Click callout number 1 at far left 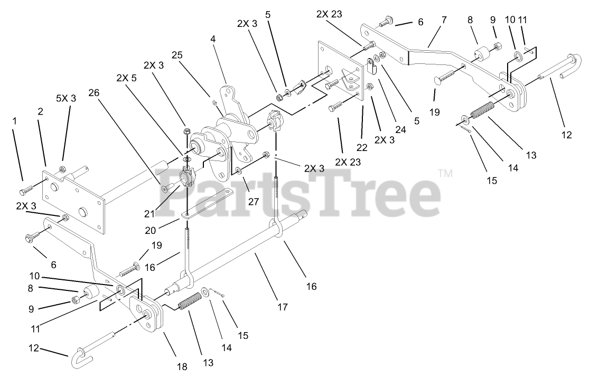click(x=15, y=121)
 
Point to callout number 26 click(x=93, y=92)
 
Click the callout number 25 click(x=176, y=55)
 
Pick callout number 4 click(x=213, y=39)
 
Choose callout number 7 click(x=444, y=20)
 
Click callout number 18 click(x=182, y=366)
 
